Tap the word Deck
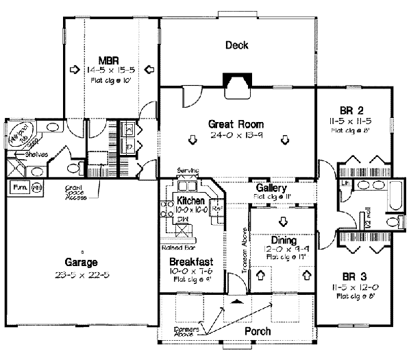(236, 46)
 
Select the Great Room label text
(236, 124)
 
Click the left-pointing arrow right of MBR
(149, 69)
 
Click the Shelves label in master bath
(36, 155)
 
